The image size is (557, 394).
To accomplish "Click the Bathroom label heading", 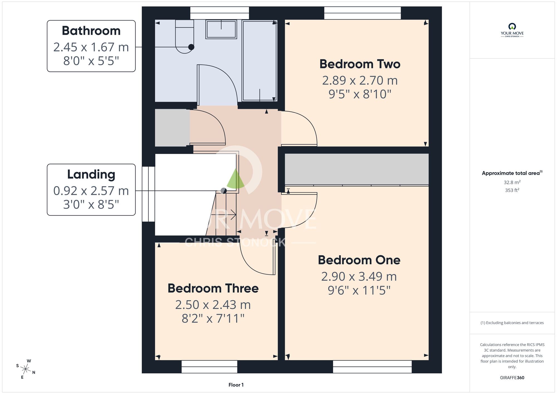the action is (91, 31).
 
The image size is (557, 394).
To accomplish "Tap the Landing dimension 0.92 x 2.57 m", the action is (91, 191).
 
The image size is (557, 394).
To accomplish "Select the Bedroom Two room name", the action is (360, 64).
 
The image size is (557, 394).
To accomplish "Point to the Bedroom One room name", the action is (359, 260).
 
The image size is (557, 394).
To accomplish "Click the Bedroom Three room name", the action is (213, 288).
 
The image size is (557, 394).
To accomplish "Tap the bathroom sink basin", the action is (221, 29).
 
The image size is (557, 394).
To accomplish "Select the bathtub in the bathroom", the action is (260, 60).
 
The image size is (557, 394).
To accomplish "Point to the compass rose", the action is (26, 369).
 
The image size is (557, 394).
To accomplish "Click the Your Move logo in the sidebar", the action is (512, 30).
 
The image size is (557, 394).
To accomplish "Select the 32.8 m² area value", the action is (512, 182).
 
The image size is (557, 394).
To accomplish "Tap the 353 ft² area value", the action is (512, 190).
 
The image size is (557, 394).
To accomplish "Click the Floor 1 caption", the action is (236, 385).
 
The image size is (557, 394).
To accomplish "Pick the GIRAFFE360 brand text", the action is (512, 378).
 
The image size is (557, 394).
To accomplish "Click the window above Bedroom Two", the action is (362, 13).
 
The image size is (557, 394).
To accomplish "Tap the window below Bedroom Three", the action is (209, 367).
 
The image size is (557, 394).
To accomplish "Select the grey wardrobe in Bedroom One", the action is (356, 169).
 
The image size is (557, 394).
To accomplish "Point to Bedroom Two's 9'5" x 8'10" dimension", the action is (360, 94).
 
